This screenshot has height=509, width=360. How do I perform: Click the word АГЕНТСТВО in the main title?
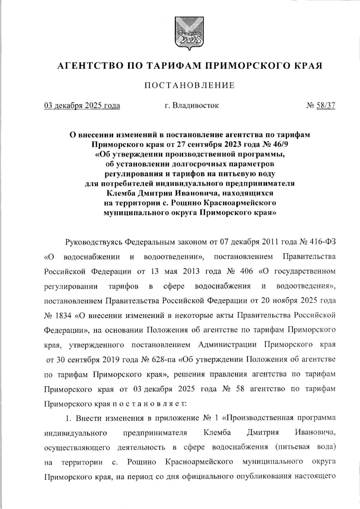click(89, 65)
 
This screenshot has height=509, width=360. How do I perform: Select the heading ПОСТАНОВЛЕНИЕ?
click(190, 86)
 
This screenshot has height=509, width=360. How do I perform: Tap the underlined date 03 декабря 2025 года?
click(82, 106)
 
